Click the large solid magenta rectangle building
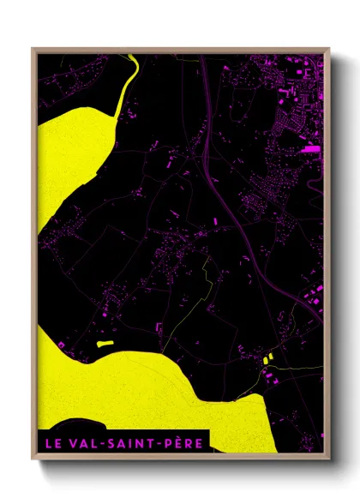310,149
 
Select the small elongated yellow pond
105,343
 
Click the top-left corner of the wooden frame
33,49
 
